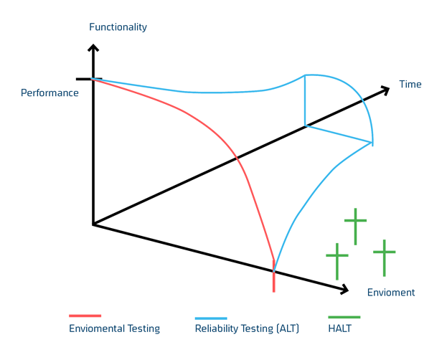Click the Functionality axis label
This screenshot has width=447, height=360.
[118, 28]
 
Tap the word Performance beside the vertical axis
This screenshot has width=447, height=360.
[50, 93]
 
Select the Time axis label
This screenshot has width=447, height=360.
[410, 85]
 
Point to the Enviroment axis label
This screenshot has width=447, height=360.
[391, 293]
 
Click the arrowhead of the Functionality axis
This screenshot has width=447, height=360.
[92, 48]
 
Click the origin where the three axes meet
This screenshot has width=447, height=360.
[93, 225]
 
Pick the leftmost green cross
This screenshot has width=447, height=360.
[337, 259]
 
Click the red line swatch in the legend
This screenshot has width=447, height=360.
[85, 316]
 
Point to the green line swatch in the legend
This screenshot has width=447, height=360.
[344, 317]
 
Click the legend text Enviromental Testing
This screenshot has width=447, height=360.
[114, 329]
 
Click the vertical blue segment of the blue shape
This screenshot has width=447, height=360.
[306, 100]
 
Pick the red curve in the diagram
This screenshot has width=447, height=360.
[237, 158]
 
